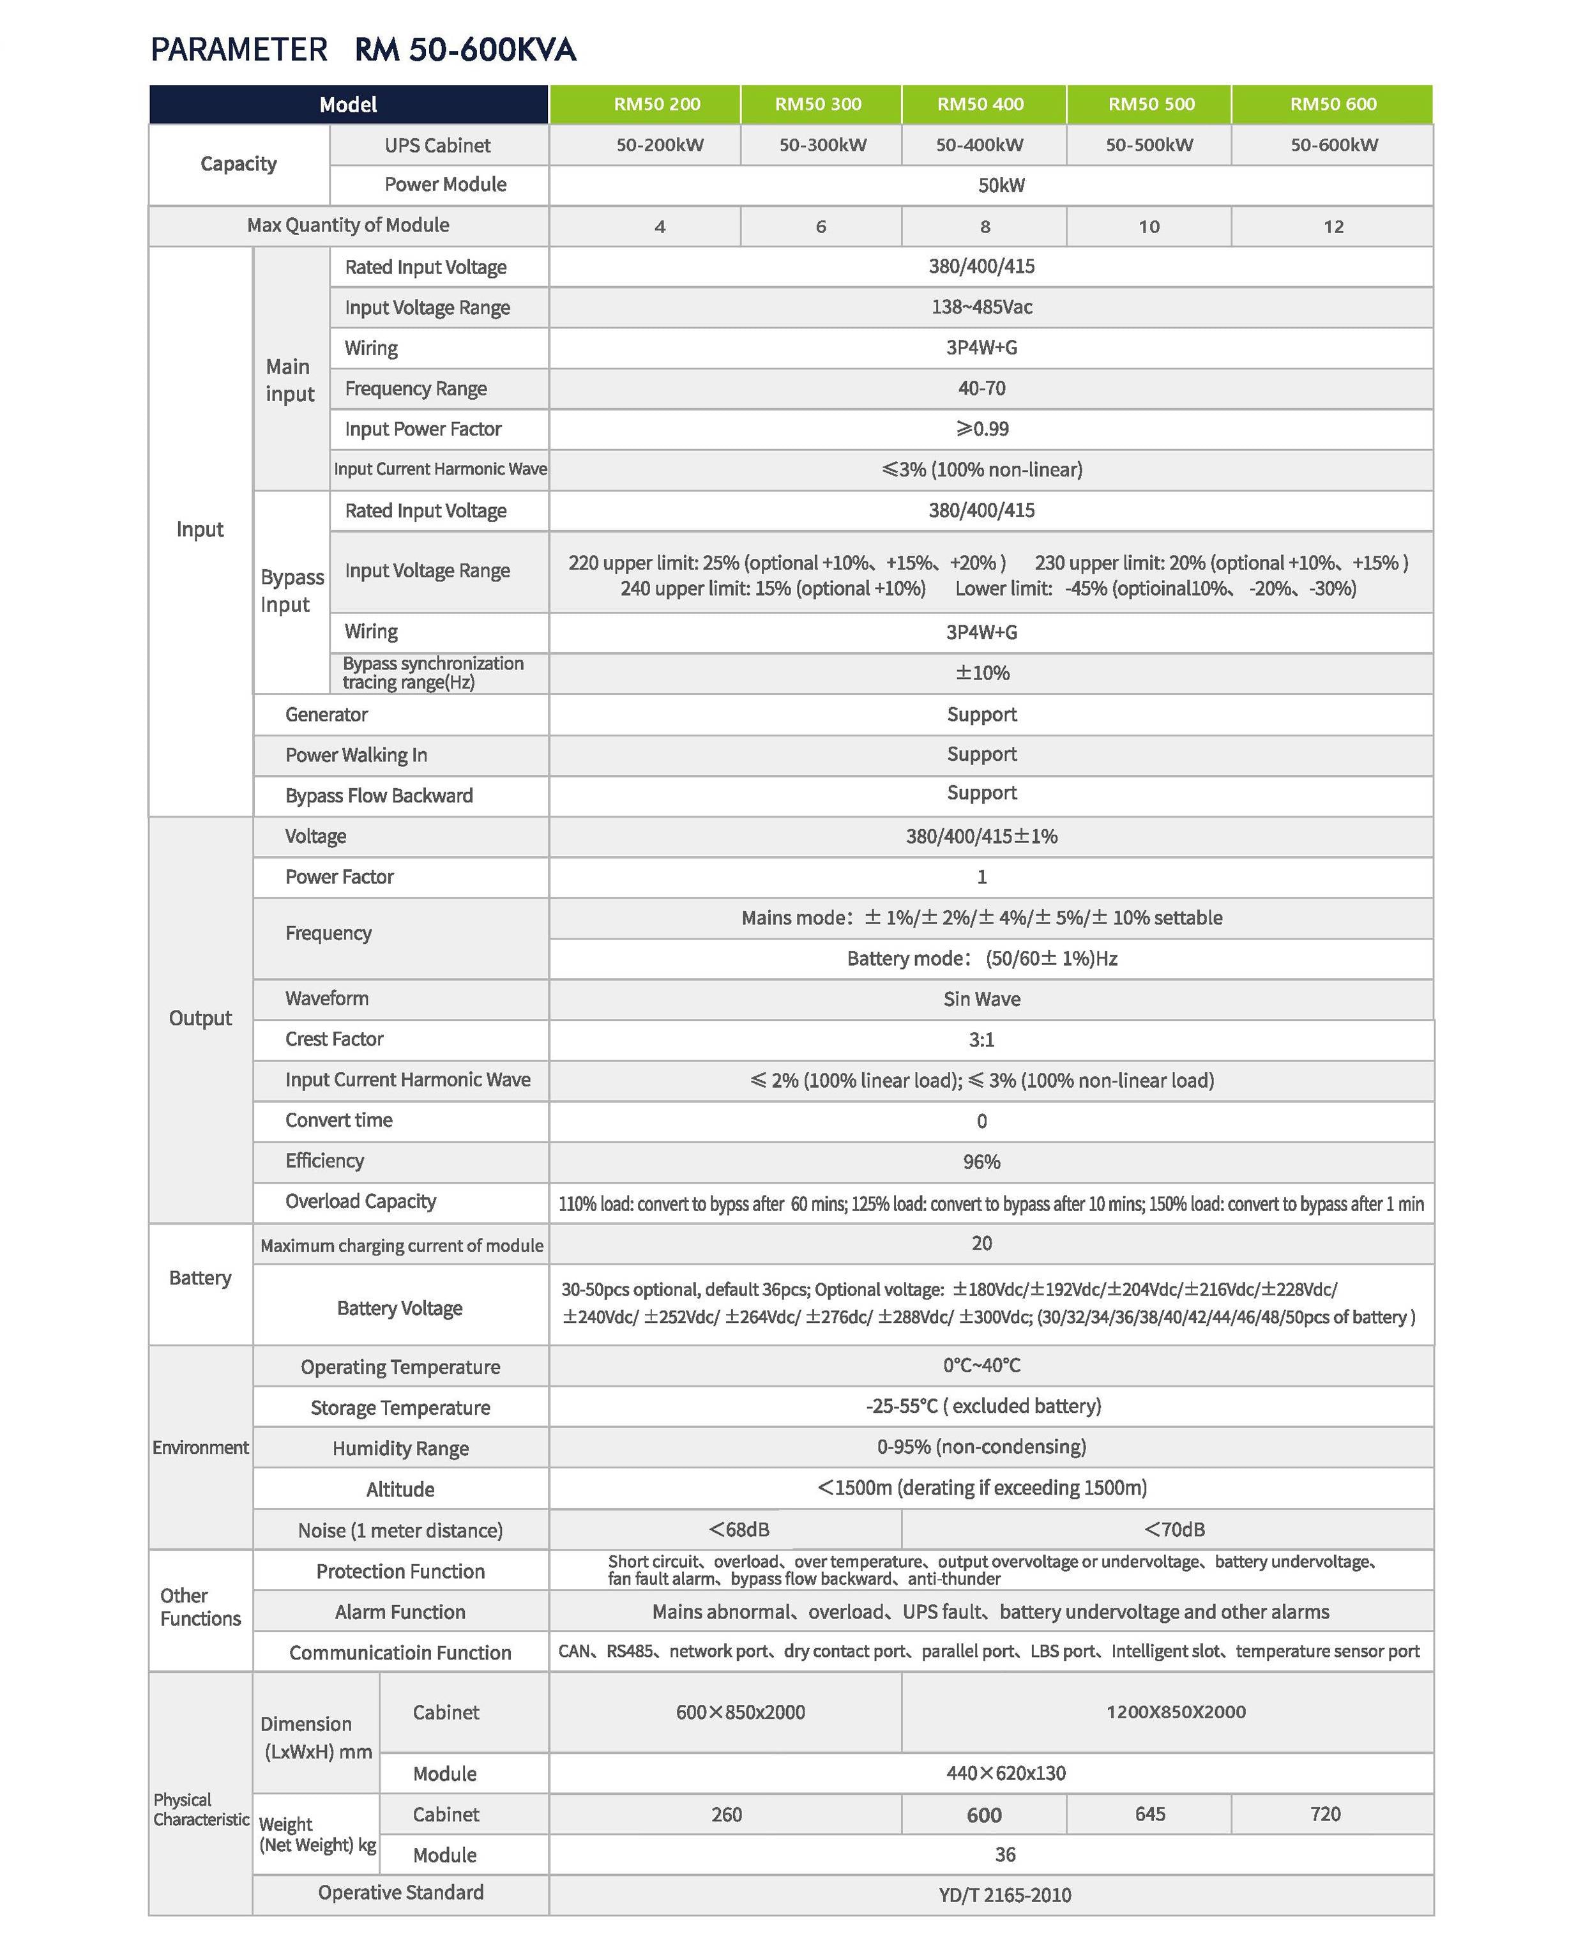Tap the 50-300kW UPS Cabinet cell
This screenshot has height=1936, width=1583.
click(822, 145)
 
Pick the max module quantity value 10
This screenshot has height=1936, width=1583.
click(1149, 226)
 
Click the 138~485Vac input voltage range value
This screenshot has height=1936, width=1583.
click(981, 307)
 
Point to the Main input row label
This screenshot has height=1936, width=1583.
click(290, 380)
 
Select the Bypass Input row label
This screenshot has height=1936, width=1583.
click(292, 591)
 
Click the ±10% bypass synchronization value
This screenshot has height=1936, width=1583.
click(982, 673)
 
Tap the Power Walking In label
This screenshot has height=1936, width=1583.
click(356, 755)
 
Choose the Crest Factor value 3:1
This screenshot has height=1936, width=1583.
click(981, 1040)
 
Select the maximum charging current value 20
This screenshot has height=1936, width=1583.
click(981, 1243)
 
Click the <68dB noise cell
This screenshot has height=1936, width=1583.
click(739, 1529)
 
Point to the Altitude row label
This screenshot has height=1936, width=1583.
click(400, 1489)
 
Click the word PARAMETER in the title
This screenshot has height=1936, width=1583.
click(239, 49)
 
